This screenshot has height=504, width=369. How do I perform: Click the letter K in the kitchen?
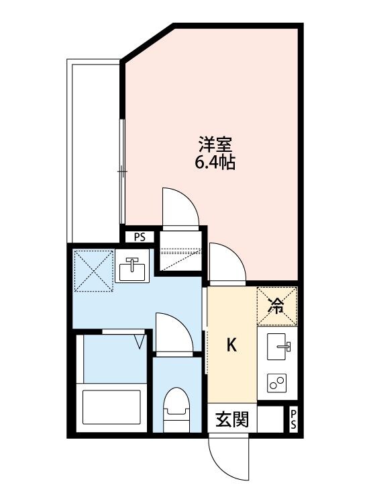tap(231, 345)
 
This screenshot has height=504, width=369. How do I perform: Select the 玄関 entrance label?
tap(232, 421)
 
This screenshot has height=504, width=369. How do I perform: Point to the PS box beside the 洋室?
tap(140, 237)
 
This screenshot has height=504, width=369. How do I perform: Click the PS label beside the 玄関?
tap(293, 421)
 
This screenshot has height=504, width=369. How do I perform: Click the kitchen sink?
tap(280, 347)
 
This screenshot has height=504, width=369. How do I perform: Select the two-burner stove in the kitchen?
tap(277, 384)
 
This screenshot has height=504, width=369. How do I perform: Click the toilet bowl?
tap(176, 409)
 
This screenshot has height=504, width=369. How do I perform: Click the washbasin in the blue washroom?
tap(131, 268)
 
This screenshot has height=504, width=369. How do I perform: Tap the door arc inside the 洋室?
tap(180, 208)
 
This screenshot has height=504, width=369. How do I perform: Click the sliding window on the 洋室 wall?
tap(122, 171)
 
